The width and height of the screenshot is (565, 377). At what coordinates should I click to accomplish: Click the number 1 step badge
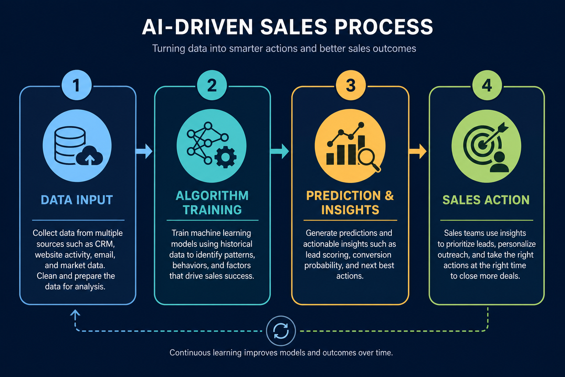click(77, 85)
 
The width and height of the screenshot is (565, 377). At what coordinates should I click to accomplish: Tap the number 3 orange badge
click(351, 85)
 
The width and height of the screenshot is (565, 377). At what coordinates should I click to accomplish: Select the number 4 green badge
click(487, 85)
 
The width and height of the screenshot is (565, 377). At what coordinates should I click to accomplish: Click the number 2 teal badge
click(212, 85)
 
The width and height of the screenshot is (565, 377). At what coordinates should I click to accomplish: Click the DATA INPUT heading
click(77, 200)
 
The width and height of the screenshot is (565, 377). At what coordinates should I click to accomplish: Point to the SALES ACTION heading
click(486, 200)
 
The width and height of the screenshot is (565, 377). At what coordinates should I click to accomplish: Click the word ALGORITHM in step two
click(212, 196)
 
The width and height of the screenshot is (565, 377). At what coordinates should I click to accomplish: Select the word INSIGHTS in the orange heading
click(350, 210)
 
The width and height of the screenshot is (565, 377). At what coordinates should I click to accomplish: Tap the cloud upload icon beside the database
click(89, 155)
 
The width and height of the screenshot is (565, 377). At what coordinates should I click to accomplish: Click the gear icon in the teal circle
click(225, 157)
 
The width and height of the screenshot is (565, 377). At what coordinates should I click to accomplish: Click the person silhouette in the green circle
click(499, 162)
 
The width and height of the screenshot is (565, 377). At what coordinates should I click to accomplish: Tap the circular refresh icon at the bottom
click(281, 331)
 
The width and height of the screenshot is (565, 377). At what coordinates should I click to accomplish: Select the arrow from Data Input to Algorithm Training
click(144, 151)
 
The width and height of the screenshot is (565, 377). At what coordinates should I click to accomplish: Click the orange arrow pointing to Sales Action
click(418, 151)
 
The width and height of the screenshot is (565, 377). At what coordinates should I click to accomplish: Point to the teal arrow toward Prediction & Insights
click(280, 151)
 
